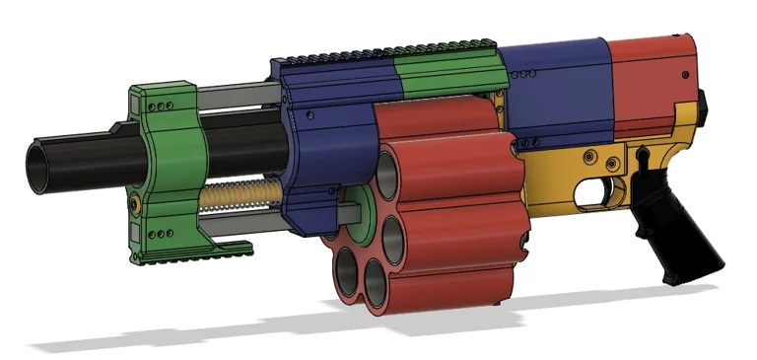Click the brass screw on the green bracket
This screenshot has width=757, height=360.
click(x=134, y=203)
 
